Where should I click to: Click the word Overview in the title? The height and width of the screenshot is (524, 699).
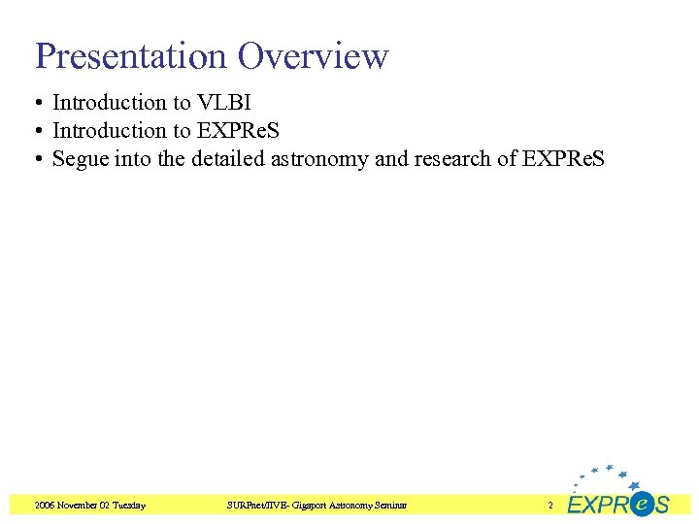[314, 56]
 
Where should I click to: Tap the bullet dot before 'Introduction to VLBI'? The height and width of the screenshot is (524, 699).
[40, 103]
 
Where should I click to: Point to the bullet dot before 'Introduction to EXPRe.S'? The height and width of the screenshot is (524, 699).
[40, 131]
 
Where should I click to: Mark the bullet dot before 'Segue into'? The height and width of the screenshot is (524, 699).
[40, 159]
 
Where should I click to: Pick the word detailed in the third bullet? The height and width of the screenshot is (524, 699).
[227, 158]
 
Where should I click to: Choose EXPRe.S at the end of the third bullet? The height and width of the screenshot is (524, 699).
[563, 158]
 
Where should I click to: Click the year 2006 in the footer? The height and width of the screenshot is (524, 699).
[45, 505]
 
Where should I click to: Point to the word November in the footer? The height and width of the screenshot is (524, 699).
[79, 505]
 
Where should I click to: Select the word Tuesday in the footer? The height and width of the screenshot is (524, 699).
[129, 505]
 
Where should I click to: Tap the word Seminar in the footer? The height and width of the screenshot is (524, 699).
[388, 505]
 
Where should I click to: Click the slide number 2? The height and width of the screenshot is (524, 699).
[549, 505]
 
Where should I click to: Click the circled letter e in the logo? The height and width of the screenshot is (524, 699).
[642, 504]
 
